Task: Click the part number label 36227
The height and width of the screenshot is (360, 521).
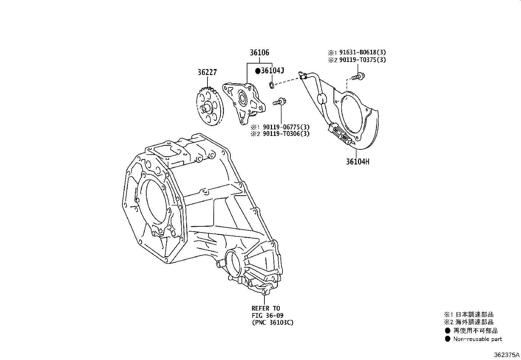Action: pos(207,72)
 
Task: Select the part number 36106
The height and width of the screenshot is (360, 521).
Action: pos(259,53)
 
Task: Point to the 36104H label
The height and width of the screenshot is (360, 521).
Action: pos(357,161)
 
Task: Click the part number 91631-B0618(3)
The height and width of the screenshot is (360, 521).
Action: pos(362,52)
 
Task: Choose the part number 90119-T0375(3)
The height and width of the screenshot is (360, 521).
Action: pos(362,60)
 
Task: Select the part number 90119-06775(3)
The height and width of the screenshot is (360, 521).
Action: pos(286,127)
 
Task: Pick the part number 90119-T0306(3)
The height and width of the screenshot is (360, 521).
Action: pos(286,134)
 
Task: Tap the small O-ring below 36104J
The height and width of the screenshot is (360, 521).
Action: pos(271,85)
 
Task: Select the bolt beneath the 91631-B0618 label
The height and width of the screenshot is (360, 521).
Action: pos(358,76)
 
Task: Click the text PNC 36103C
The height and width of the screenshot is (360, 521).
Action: pos(273,323)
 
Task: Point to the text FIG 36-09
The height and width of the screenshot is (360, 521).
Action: pos(267,315)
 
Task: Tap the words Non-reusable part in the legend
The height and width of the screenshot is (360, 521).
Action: pos(477,339)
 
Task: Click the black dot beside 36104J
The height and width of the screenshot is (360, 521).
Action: pos(258,71)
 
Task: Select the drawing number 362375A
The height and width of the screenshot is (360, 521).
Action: pos(507,355)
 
